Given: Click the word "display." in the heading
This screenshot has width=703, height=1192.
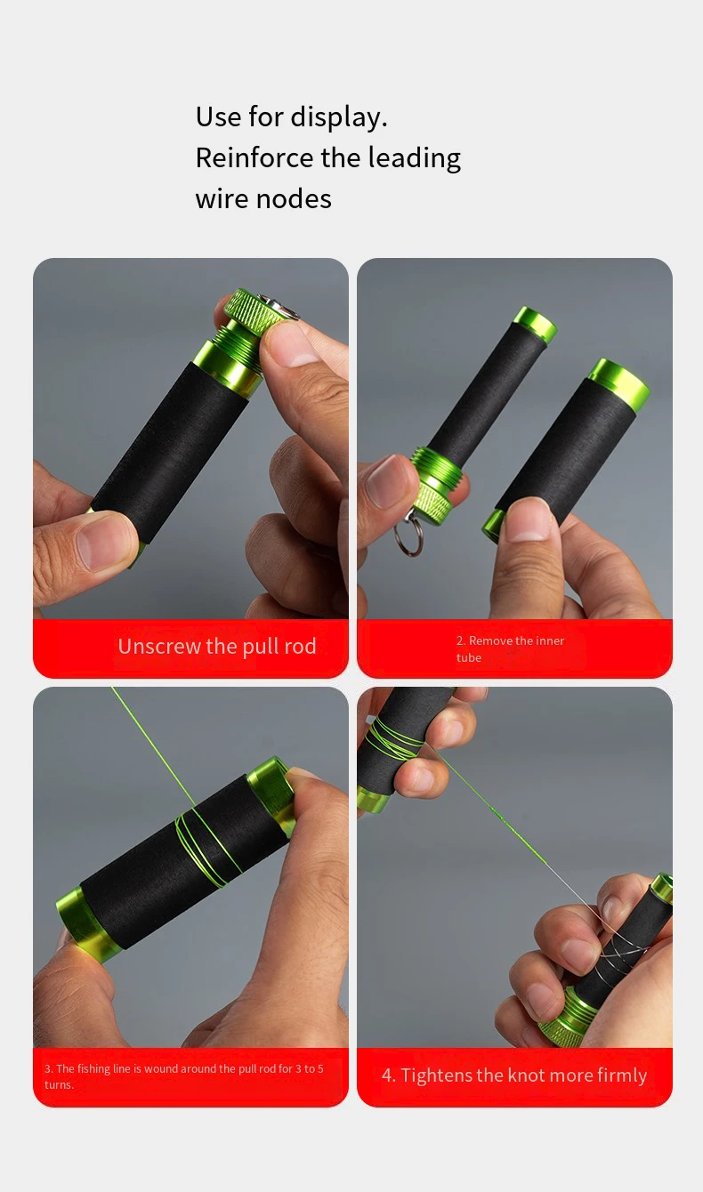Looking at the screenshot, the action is click(x=338, y=117).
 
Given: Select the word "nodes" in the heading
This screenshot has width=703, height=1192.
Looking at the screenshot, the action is click(x=294, y=199).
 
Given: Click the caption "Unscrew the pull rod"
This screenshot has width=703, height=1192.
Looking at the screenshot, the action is click(x=217, y=646).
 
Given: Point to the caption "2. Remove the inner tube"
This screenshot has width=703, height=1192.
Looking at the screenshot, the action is click(x=510, y=648).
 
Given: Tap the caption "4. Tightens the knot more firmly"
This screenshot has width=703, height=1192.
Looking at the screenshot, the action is click(x=514, y=1075).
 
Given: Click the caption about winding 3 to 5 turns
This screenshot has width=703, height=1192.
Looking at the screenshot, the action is click(x=183, y=1076).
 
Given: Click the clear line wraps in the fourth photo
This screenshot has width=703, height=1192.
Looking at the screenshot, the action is click(x=623, y=954).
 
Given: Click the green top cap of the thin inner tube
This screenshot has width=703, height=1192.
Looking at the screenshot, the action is click(x=535, y=324).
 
